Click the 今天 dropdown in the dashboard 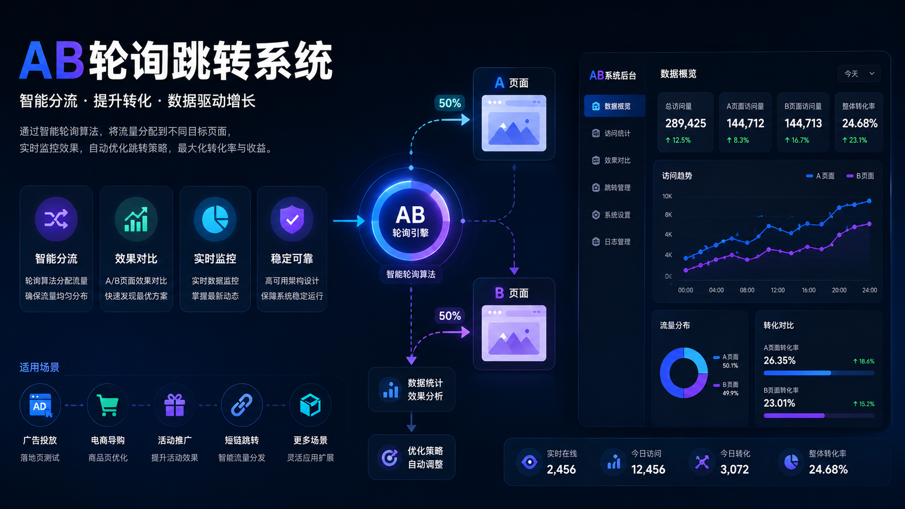[859, 74]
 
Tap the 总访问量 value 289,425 [686, 123]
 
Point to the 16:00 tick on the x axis [809, 290]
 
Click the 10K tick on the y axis [667, 196]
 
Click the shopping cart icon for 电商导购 [108, 405]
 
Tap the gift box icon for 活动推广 [174, 405]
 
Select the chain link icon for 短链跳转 [241, 405]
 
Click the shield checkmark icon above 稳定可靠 [292, 219]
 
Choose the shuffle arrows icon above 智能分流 [56, 219]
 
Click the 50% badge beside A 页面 [450, 103]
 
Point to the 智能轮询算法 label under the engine [411, 274]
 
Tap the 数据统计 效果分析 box [411, 389]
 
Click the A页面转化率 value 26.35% [779, 360]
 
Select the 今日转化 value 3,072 [735, 470]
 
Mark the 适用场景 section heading [40, 367]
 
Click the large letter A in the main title [36, 61]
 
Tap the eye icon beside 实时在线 [529, 462]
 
